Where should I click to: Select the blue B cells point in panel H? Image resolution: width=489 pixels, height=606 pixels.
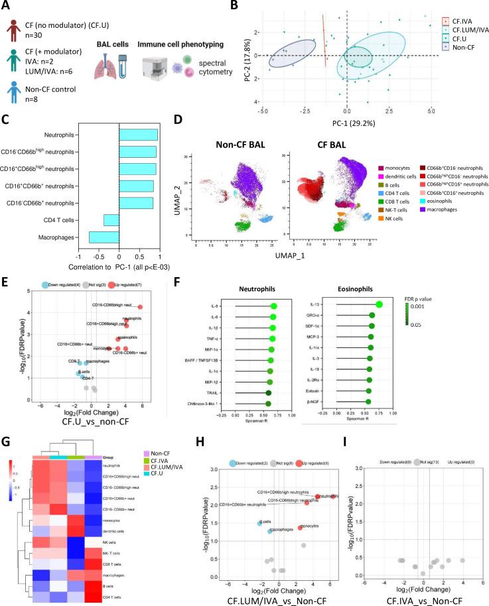tap(260, 524)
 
